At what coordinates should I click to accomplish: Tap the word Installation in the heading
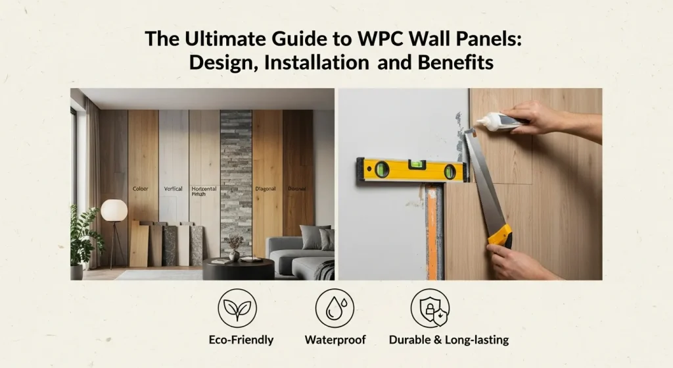coord(305,63)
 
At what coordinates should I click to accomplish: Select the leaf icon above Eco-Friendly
coord(238,307)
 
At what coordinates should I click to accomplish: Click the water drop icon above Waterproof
coord(335,307)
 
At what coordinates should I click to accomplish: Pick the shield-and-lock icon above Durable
coord(430,307)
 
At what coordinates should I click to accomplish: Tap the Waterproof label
coord(335,340)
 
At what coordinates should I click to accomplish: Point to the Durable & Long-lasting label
coord(449,340)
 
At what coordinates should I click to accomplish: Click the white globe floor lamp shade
coord(114,210)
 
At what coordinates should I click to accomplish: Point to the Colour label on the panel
coord(141,189)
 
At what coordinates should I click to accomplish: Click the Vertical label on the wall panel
coord(173,189)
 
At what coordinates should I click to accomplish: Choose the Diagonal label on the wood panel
coord(265,189)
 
